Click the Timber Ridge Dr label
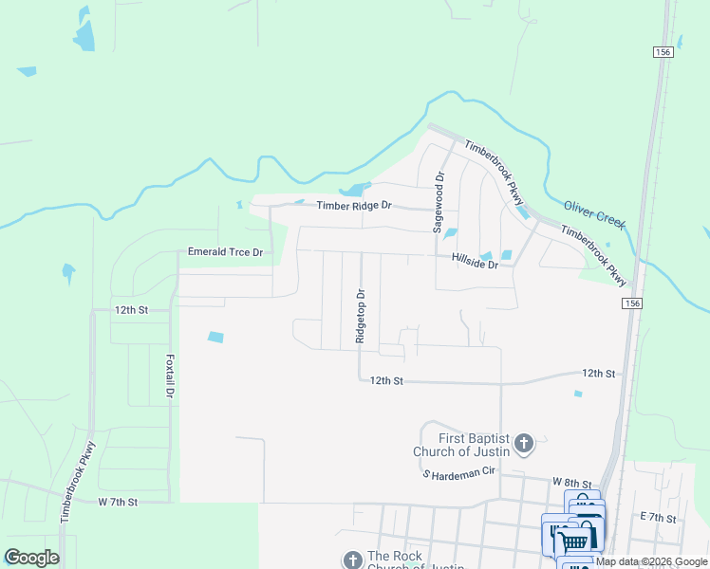coord(354,206)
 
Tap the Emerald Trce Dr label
coord(225,252)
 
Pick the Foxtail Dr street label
coord(170,376)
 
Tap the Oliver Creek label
coord(595,213)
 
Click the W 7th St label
coord(119,501)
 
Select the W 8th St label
coord(574,484)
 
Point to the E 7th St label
coord(658,518)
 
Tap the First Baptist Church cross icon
coord(525,442)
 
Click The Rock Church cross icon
coord(352,560)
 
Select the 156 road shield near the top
coord(663,53)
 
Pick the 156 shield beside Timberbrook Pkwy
coord(633,303)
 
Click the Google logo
coord(31,558)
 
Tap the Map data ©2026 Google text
coord(652,562)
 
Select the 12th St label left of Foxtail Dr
coord(132,310)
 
